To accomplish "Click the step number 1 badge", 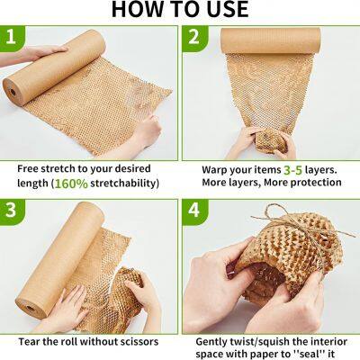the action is pos(12,38).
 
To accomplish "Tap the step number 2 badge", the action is pos(193,38).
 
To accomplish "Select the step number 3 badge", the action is pos(12,211).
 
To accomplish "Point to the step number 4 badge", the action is pos(193,211).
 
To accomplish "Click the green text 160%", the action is pos(71,184).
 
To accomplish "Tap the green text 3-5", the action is pos(292,170).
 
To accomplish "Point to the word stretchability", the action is pos(124,183).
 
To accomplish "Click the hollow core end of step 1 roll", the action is pos(13,92).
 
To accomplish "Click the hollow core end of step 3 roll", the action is pos(30,308).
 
